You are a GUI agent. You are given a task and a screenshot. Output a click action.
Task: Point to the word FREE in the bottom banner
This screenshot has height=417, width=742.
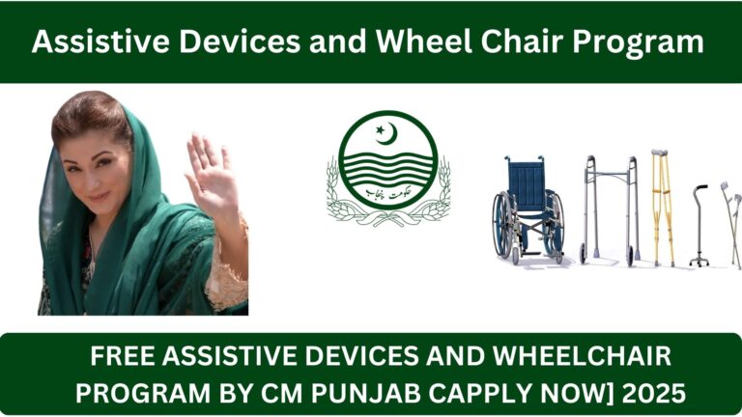click(x=124, y=358)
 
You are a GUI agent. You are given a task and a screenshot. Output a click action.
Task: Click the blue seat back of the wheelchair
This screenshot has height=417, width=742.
click(x=526, y=182)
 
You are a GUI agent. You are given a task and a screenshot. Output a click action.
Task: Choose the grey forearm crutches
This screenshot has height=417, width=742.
click(x=729, y=217)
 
